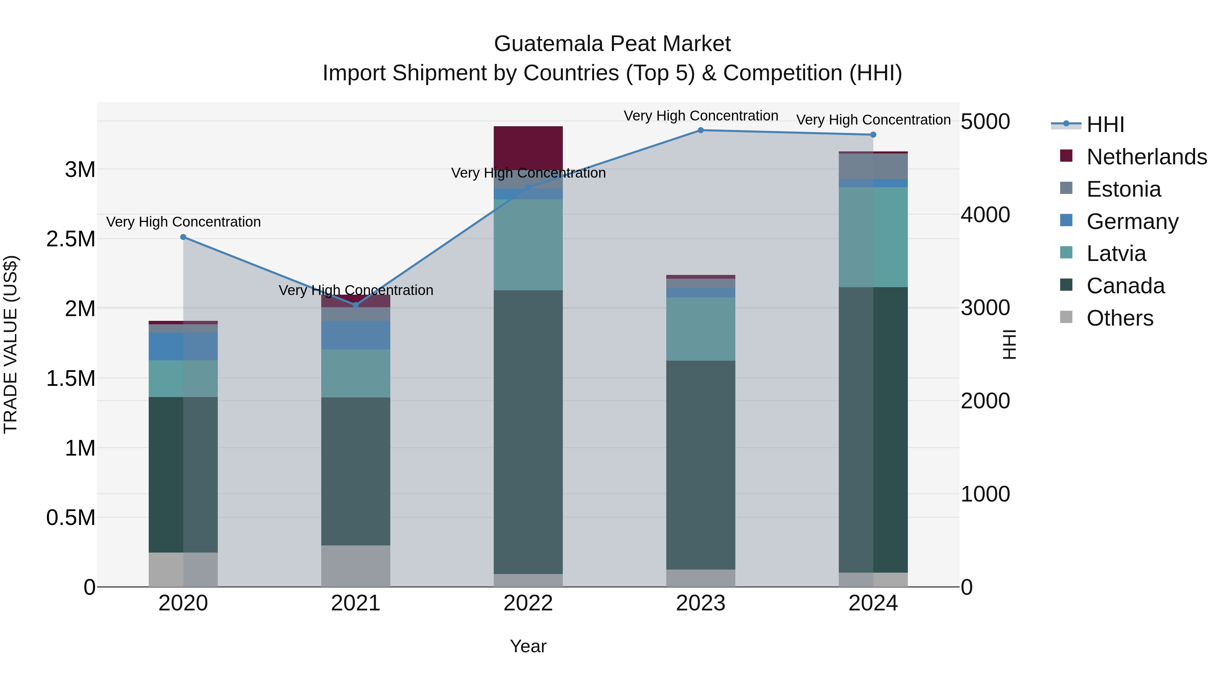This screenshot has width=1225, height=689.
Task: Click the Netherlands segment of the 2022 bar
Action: [528, 147]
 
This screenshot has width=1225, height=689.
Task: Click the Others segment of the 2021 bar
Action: [356, 566]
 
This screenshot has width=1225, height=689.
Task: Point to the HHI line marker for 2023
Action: [701, 130]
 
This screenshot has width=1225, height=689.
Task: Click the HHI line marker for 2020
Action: [183, 237]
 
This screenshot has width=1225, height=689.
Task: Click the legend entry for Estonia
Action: [1123, 189]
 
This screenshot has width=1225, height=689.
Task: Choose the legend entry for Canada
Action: [1125, 286]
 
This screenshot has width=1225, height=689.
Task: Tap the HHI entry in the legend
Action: [1105, 125]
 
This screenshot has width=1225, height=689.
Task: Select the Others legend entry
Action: [1120, 318]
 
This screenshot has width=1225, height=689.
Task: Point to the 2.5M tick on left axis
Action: [70, 239]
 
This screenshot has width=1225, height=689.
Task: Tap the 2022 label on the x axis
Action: [528, 603]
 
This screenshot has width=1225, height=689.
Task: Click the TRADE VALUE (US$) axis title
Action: [11, 344]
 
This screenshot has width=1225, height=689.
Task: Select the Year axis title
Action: [528, 646]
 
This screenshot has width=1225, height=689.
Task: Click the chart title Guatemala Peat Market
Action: [612, 44]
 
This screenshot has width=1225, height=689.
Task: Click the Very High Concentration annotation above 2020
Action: [183, 222]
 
